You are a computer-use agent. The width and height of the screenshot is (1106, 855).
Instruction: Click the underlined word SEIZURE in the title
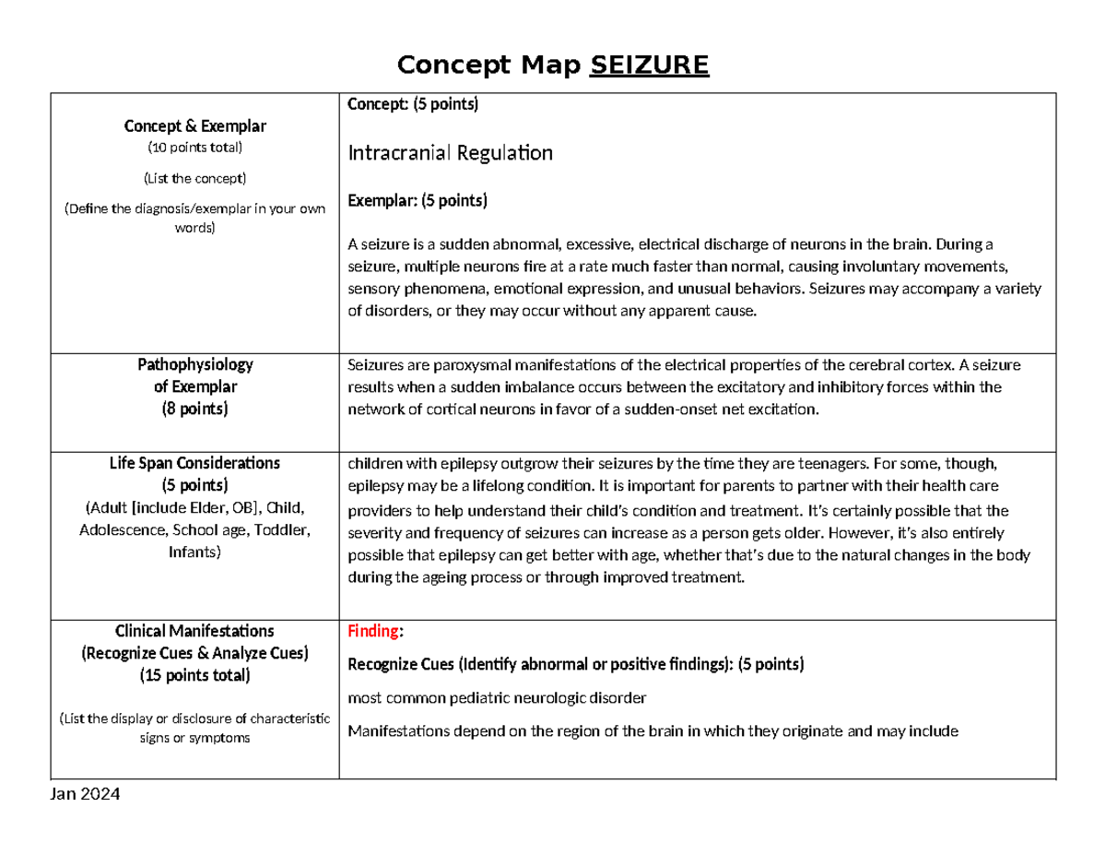[x=649, y=65]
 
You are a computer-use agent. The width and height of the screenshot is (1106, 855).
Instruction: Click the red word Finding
[x=374, y=632]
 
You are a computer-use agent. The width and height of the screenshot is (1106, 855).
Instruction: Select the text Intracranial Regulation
[x=450, y=153]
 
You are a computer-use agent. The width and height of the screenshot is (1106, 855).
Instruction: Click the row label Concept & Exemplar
[x=194, y=125]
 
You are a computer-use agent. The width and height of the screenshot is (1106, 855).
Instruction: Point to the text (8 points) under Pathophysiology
[x=194, y=409]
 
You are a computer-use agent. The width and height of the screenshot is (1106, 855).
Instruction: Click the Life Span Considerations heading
[x=194, y=462]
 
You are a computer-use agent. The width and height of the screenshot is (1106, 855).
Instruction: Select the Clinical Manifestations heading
[x=194, y=631]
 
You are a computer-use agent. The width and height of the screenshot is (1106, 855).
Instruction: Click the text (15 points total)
[x=194, y=675]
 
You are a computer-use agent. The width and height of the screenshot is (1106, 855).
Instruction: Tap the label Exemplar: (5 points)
[x=418, y=200]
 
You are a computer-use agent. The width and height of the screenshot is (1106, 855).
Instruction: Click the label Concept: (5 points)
[x=413, y=104]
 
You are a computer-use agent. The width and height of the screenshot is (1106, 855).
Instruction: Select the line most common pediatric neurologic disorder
[x=497, y=698]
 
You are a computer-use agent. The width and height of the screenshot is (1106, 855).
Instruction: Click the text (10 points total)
[x=194, y=148]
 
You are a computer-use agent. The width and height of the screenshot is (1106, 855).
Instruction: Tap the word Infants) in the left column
[x=194, y=552]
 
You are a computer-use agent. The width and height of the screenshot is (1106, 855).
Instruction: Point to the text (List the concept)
[x=194, y=177]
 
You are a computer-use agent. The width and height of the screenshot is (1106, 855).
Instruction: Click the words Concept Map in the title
[x=489, y=65]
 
